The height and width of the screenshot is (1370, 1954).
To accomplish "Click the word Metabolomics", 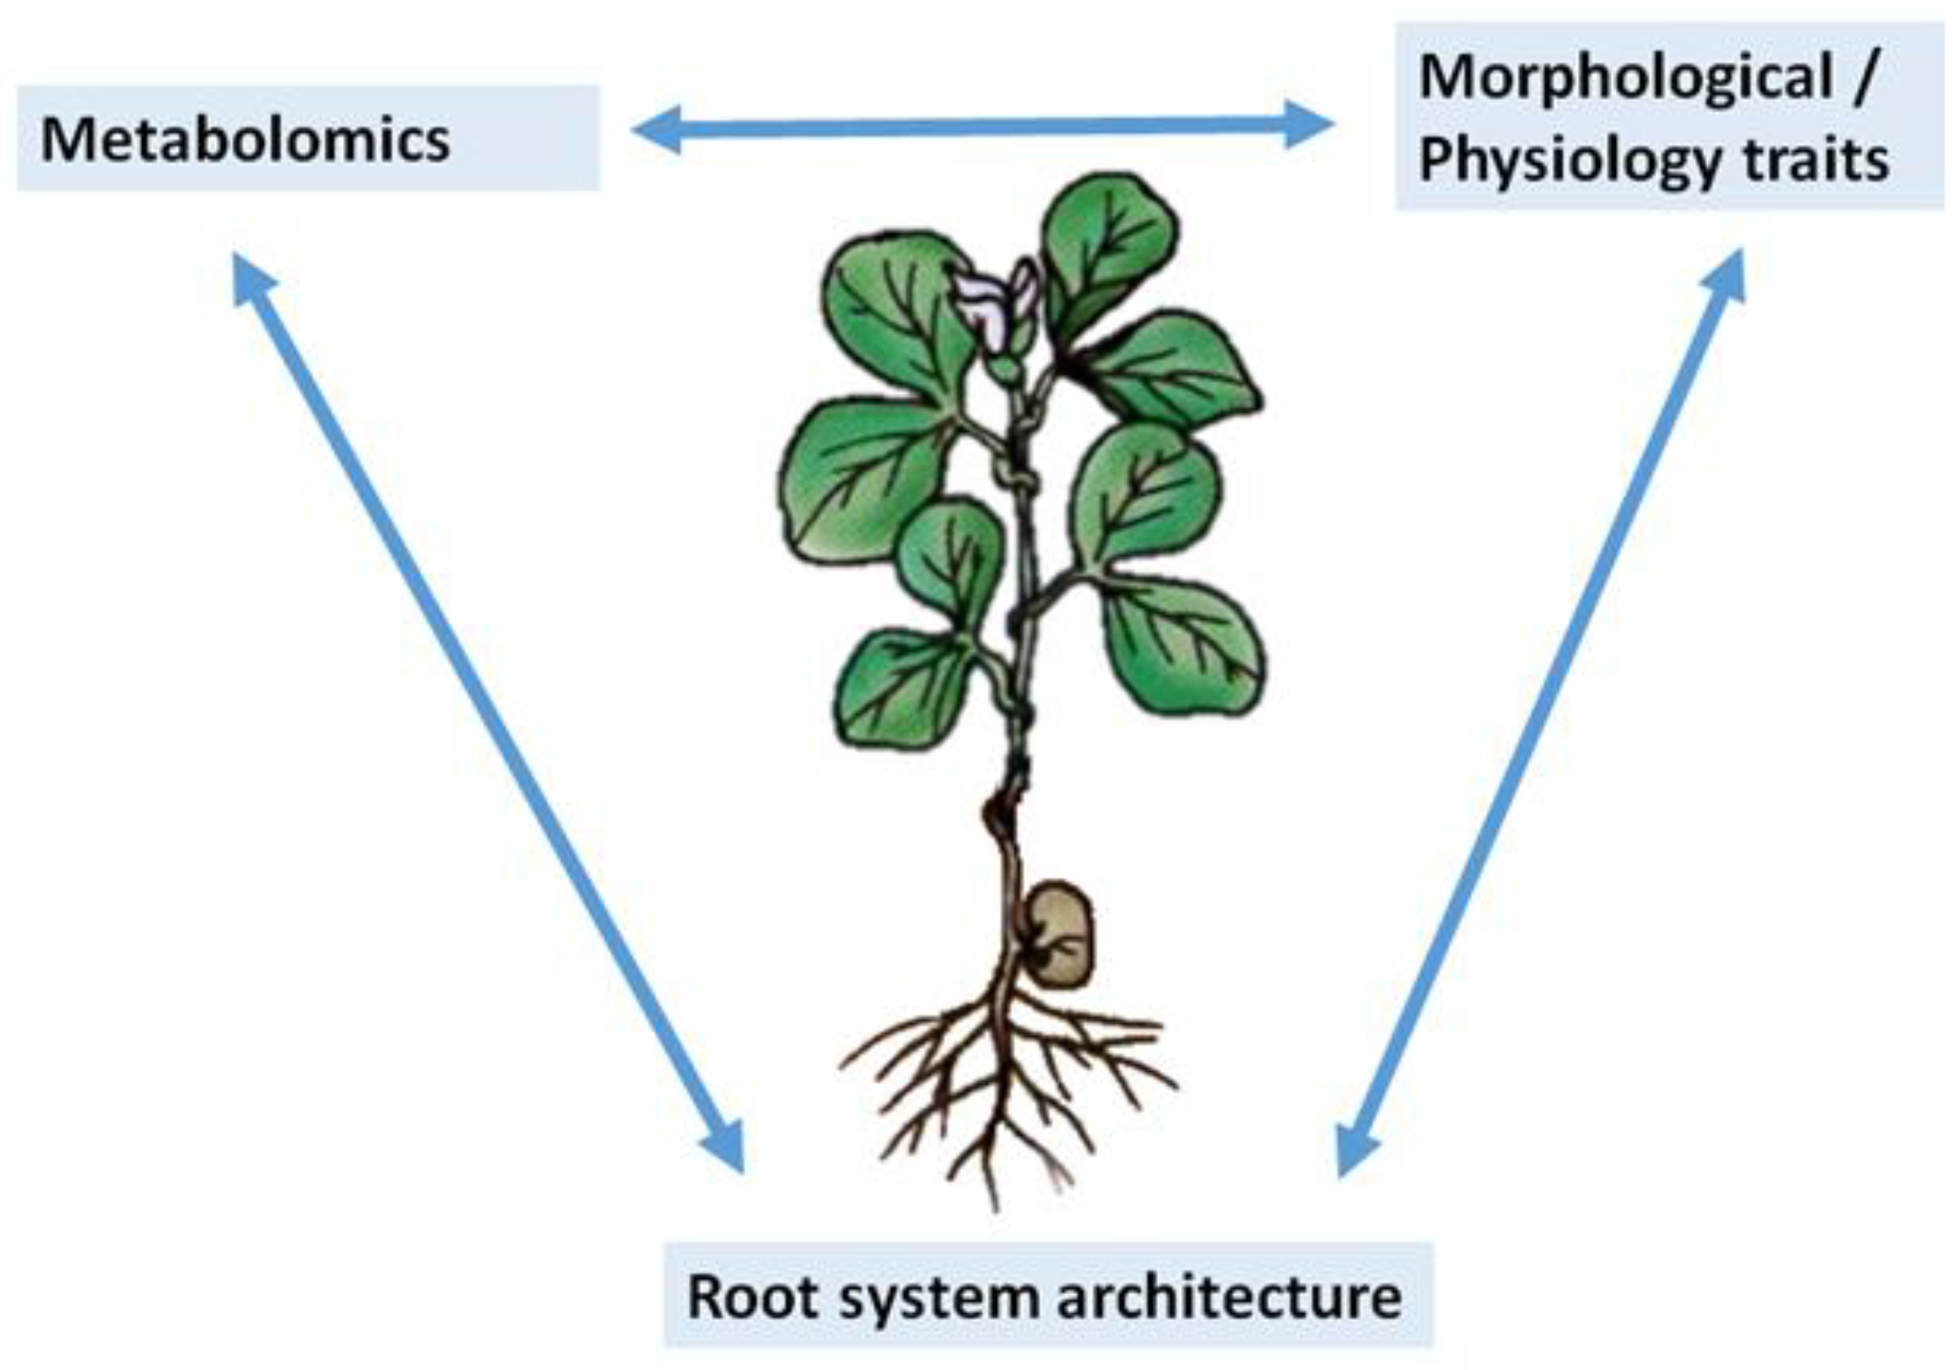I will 245,140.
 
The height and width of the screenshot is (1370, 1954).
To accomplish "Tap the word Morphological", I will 1625,78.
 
